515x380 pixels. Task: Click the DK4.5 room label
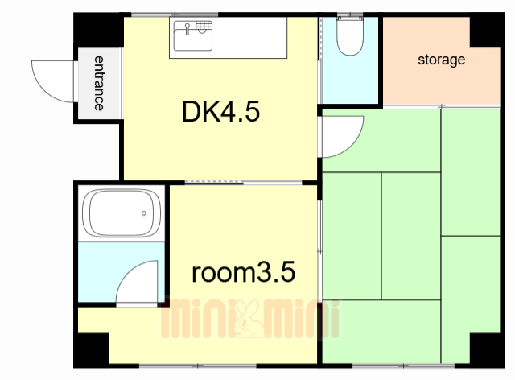click(220, 112)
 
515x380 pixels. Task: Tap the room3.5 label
click(243, 272)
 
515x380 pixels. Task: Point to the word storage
click(442, 60)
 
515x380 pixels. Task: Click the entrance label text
click(99, 83)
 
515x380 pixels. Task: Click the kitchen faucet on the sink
click(187, 29)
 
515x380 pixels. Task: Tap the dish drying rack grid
click(204, 26)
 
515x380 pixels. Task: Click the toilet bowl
click(350, 37)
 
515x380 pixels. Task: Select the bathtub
click(122, 213)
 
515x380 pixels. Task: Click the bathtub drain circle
click(144, 213)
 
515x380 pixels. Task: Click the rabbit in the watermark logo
click(249, 318)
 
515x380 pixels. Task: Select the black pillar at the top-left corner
click(98, 31)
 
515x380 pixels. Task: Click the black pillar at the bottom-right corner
click(488, 350)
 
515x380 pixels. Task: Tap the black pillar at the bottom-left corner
click(91, 350)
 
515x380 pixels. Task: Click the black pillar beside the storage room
click(488, 31)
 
